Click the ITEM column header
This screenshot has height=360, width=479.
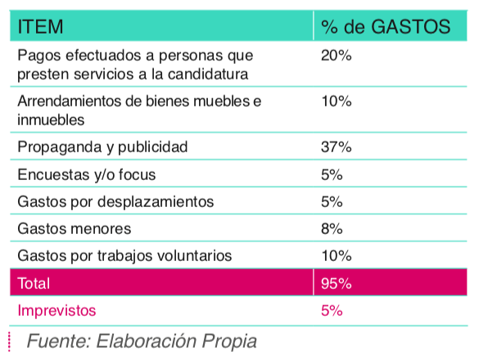click(40, 26)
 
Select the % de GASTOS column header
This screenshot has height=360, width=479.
click(386, 26)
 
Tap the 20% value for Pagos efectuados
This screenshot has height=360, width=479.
click(336, 56)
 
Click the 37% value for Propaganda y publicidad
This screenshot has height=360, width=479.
click(336, 147)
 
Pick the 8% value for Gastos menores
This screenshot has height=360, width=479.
click(332, 229)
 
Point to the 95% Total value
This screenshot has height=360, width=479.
click(336, 283)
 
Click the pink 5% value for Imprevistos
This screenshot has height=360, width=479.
click(332, 311)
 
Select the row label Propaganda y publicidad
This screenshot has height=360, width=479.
click(102, 147)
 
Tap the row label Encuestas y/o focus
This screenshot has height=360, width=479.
click(87, 175)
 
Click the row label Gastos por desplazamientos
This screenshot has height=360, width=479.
click(115, 202)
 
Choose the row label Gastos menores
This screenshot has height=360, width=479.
click(75, 229)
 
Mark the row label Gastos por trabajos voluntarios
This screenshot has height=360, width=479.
click(124, 256)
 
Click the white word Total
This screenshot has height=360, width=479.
click(34, 283)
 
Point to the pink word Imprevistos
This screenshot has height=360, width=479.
click(56, 311)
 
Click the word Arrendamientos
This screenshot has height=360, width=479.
click(69, 101)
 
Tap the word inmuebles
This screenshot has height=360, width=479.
click(51, 119)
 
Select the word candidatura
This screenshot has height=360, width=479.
click(208, 74)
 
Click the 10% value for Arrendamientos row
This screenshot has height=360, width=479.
click(336, 101)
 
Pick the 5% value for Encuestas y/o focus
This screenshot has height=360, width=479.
click(332, 174)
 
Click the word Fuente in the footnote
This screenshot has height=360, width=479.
click(59, 340)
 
